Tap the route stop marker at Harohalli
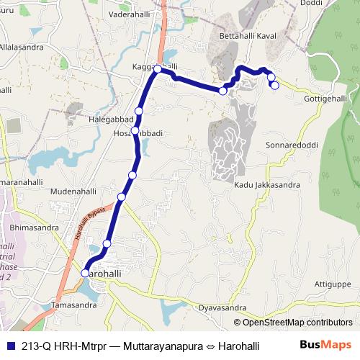85,274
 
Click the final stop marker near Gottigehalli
274,86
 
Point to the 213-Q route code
37,346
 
